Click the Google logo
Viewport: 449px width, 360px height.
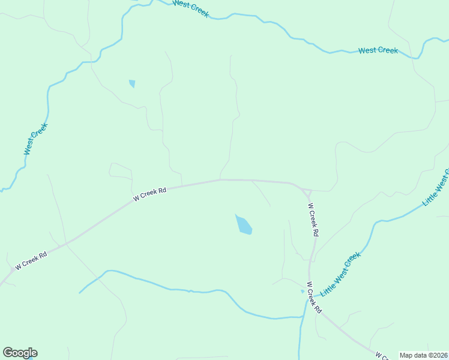click(20, 353)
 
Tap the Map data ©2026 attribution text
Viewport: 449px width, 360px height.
click(424, 355)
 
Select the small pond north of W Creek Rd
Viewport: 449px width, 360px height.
click(132, 83)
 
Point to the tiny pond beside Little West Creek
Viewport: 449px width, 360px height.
click(303, 292)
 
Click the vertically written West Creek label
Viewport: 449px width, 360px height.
click(35, 139)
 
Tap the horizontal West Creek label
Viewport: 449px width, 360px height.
click(378, 50)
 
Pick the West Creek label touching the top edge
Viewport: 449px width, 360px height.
click(190, 8)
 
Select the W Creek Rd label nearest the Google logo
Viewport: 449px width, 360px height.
click(31, 261)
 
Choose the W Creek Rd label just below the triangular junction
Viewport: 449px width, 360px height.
click(313, 219)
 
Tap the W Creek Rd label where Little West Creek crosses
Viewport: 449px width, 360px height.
click(314, 298)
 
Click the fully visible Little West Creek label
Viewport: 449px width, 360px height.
click(340, 274)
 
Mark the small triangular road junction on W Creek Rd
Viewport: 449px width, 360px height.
click(307, 193)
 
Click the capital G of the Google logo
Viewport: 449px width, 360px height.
click(8, 353)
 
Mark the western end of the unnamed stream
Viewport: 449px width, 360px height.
click(80, 293)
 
